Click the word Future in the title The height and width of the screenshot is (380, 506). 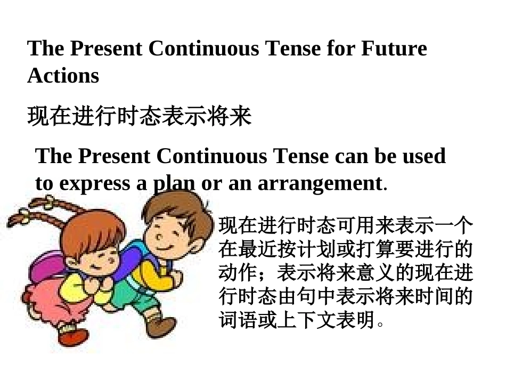pyautogui.click(x=394, y=48)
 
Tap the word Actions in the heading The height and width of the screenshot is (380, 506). pyautogui.click(x=63, y=76)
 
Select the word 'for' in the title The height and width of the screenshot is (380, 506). pyautogui.click(x=340, y=48)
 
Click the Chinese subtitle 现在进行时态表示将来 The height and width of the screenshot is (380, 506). pyautogui.click(x=139, y=116)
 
